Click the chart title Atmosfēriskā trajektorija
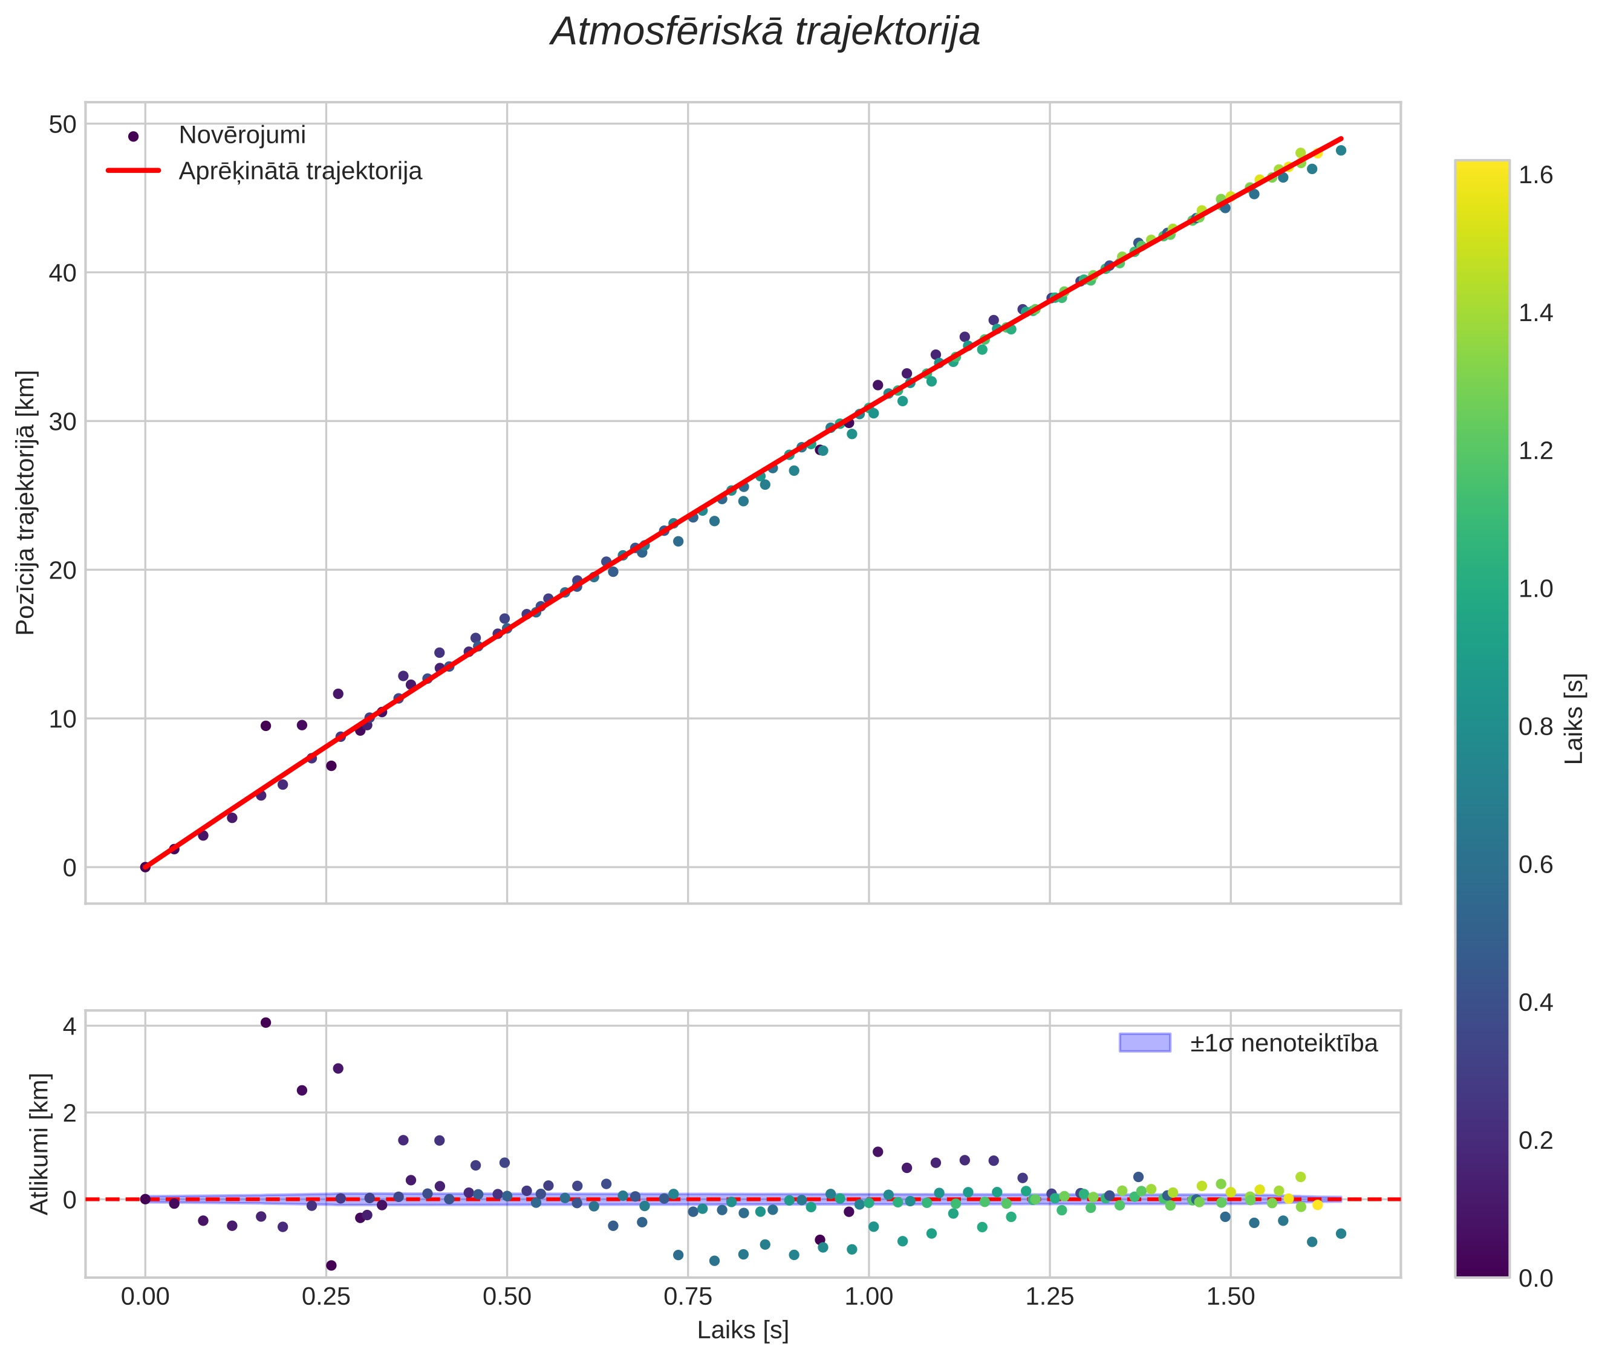pos(765,32)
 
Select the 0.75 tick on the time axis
pos(688,1297)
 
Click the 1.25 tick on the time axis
pos(1049,1297)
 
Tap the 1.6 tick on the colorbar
pos(1536,175)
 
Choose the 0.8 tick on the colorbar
pos(1536,727)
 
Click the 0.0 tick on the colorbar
pos(1536,1278)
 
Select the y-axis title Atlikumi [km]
pos(39,1144)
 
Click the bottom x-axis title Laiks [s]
pos(743,1331)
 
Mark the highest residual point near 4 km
pos(265,1022)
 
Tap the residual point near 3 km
pos(338,1068)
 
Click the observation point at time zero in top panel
pos(145,867)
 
